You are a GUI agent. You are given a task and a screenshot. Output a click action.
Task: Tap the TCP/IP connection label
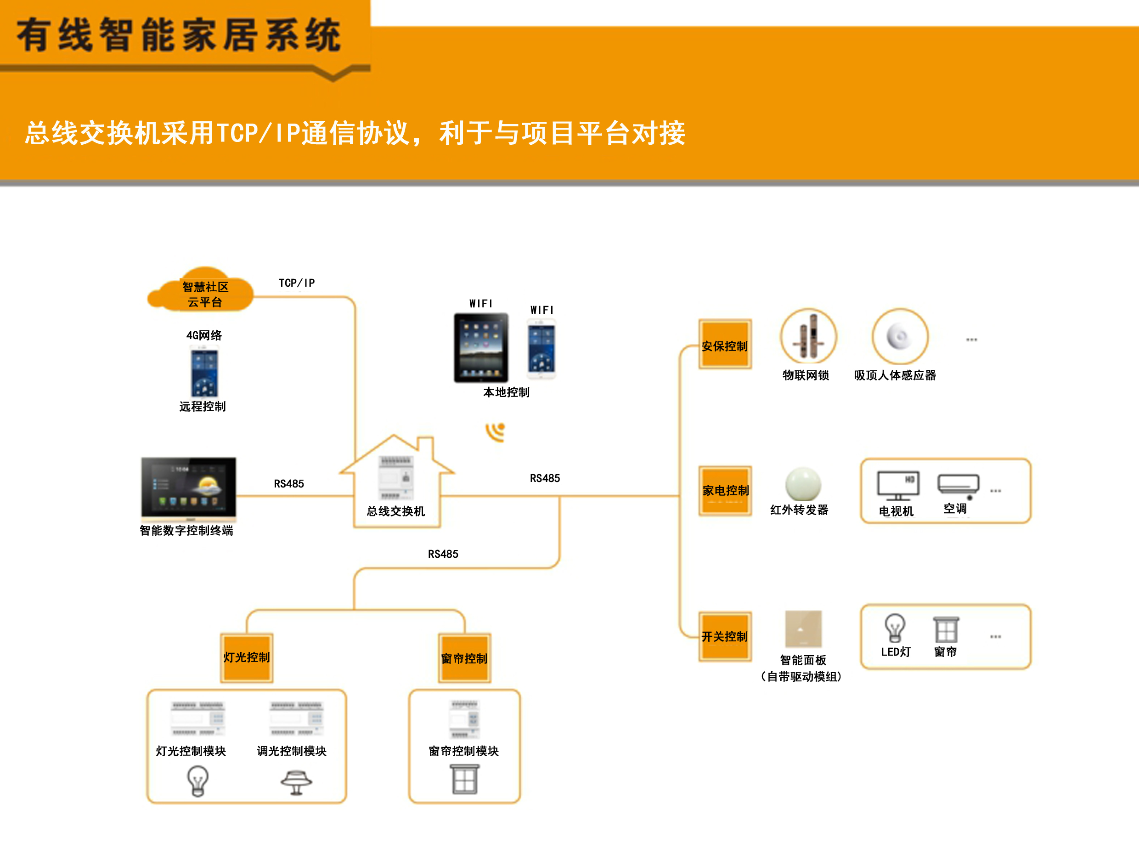click(x=297, y=283)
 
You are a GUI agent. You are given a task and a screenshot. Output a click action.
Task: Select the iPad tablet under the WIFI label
click(x=481, y=348)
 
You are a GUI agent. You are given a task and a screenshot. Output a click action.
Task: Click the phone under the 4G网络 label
click(x=204, y=374)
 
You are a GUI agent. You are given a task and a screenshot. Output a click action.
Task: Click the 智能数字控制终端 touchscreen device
click(x=189, y=487)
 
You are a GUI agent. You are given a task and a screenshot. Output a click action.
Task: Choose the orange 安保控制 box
click(x=725, y=345)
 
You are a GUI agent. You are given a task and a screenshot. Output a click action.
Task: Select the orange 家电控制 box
click(x=725, y=490)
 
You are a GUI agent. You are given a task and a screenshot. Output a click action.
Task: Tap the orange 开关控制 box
click(x=725, y=636)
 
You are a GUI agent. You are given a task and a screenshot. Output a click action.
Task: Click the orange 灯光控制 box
click(x=246, y=657)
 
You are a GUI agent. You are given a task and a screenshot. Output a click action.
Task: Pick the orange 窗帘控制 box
click(x=464, y=658)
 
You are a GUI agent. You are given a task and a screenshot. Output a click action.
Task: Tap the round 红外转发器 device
click(x=803, y=484)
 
